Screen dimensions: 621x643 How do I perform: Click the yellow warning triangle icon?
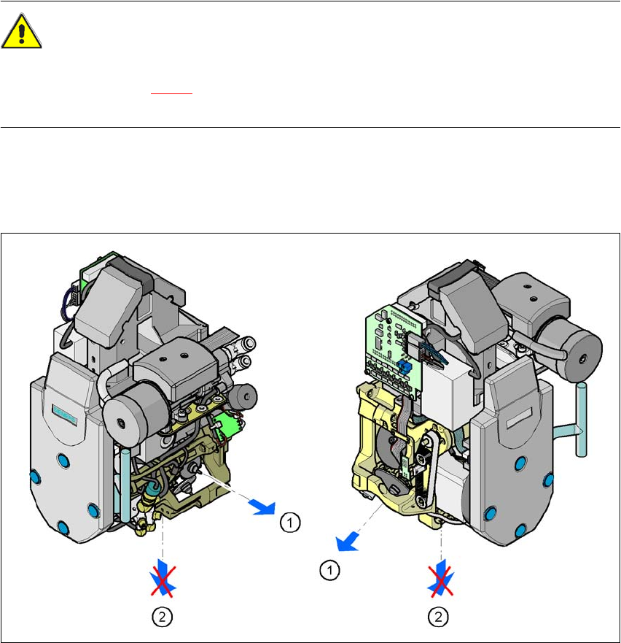coord(21,31)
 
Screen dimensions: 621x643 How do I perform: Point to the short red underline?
coord(171,94)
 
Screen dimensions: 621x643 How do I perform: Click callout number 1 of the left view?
coord(290,523)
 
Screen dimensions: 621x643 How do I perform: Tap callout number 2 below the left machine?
coord(163,617)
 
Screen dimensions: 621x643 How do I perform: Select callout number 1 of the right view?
coord(329,571)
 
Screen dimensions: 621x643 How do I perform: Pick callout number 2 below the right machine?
coord(438,617)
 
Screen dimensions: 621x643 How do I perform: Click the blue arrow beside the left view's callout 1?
coord(263,507)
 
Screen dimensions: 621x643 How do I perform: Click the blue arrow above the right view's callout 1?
coord(348,542)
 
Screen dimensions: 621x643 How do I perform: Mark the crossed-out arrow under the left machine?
coord(163,580)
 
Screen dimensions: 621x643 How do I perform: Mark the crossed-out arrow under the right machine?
coord(441,581)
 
